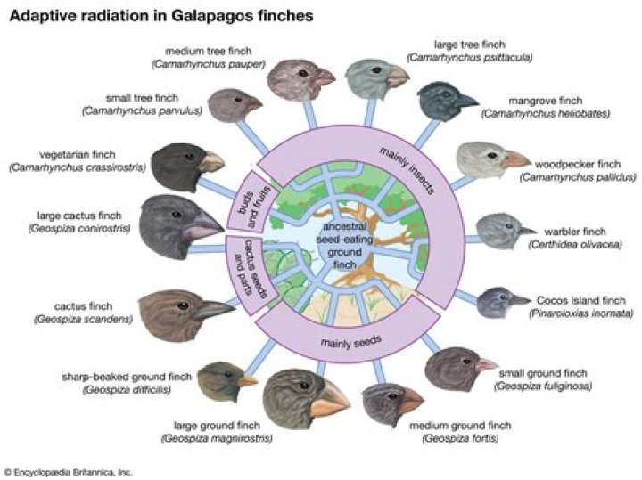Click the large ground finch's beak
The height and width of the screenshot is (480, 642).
[331, 395]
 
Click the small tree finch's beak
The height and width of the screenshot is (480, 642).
[254, 104]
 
